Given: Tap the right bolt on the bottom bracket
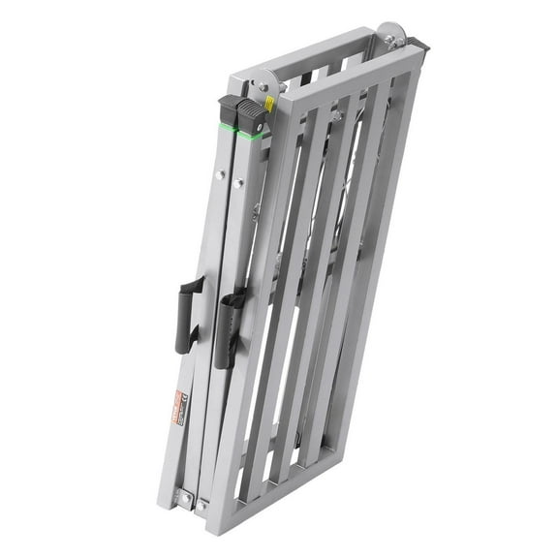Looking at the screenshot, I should (x=202, y=504).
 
